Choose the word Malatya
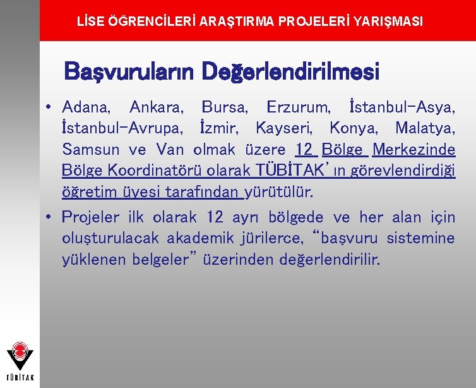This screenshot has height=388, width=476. point(425,128)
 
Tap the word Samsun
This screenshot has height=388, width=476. point(90,150)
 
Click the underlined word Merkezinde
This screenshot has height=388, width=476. point(414,150)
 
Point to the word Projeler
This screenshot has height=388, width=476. point(90,217)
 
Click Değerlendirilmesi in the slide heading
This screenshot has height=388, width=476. point(290,72)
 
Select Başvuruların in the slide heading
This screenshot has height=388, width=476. point(130,72)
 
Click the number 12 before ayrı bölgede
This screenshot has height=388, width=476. point(215,217)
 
